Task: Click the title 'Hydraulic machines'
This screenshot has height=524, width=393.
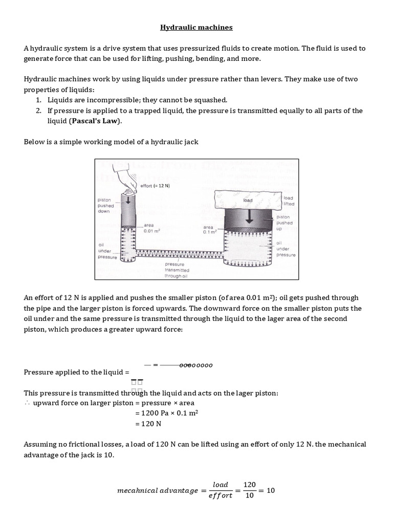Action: (196, 27)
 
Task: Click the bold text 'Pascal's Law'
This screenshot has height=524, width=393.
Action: (96, 121)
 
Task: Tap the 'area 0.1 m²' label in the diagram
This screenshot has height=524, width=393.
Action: (209, 229)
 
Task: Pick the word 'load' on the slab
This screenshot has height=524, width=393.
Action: (248, 201)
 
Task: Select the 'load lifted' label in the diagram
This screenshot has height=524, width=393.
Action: (289, 201)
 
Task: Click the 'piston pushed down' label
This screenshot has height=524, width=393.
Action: (106, 205)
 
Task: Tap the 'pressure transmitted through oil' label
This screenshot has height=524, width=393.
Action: (177, 270)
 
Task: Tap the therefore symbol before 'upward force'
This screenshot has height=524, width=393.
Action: (27, 403)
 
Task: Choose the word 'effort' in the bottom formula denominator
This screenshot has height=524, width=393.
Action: (220, 495)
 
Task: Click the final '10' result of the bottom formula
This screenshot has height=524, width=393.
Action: (271, 490)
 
